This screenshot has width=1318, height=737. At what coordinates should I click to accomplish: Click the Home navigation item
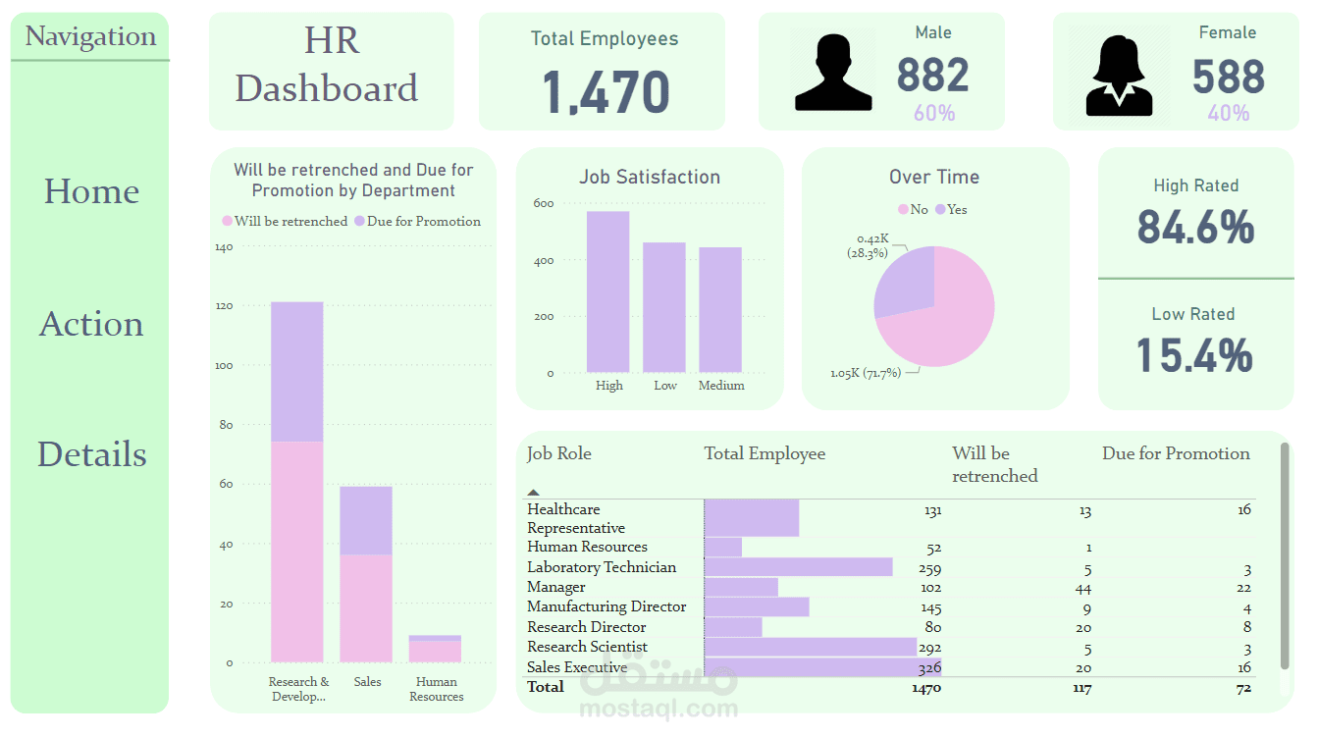point(91,191)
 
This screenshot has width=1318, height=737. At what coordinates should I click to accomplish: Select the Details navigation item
point(92,454)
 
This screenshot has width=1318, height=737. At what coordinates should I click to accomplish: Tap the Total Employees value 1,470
point(606,92)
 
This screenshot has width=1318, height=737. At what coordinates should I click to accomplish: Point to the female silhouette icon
point(1120,75)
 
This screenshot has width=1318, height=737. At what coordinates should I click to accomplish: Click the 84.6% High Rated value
point(1195,228)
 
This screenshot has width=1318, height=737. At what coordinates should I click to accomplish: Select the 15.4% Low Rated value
point(1194,355)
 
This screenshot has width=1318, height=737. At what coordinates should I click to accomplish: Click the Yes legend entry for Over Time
point(951,209)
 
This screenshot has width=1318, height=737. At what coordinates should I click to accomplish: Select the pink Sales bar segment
point(366,607)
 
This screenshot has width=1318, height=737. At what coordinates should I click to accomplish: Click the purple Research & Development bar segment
point(296,372)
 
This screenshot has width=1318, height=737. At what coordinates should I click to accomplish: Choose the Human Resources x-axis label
point(436,689)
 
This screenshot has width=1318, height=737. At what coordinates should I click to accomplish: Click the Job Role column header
point(559,453)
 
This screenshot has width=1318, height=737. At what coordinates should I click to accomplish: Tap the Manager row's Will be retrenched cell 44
point(1082,588)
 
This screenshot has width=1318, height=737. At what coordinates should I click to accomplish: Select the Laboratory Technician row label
point(602,567)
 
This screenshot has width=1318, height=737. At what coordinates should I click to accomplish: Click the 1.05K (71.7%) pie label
point(865,373)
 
